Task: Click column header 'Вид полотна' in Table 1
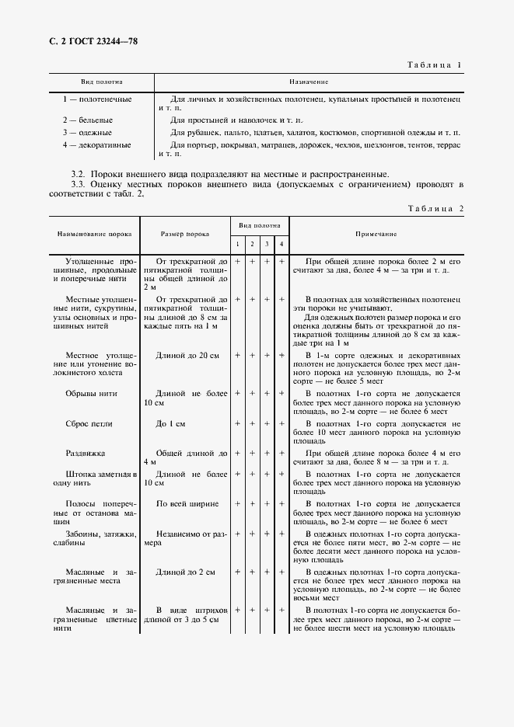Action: point(102,82)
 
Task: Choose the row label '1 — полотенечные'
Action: point(97,99)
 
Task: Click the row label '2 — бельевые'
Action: point(88,120)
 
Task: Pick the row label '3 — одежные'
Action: point(87,132)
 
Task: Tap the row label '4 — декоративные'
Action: point(97,144)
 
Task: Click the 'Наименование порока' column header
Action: point(94,233)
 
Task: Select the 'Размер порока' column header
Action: point(184,233)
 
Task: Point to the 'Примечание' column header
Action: point(376,233)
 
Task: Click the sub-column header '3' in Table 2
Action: point(267,245)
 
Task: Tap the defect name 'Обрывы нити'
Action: point(94,394)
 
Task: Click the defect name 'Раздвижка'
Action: point(86,453)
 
